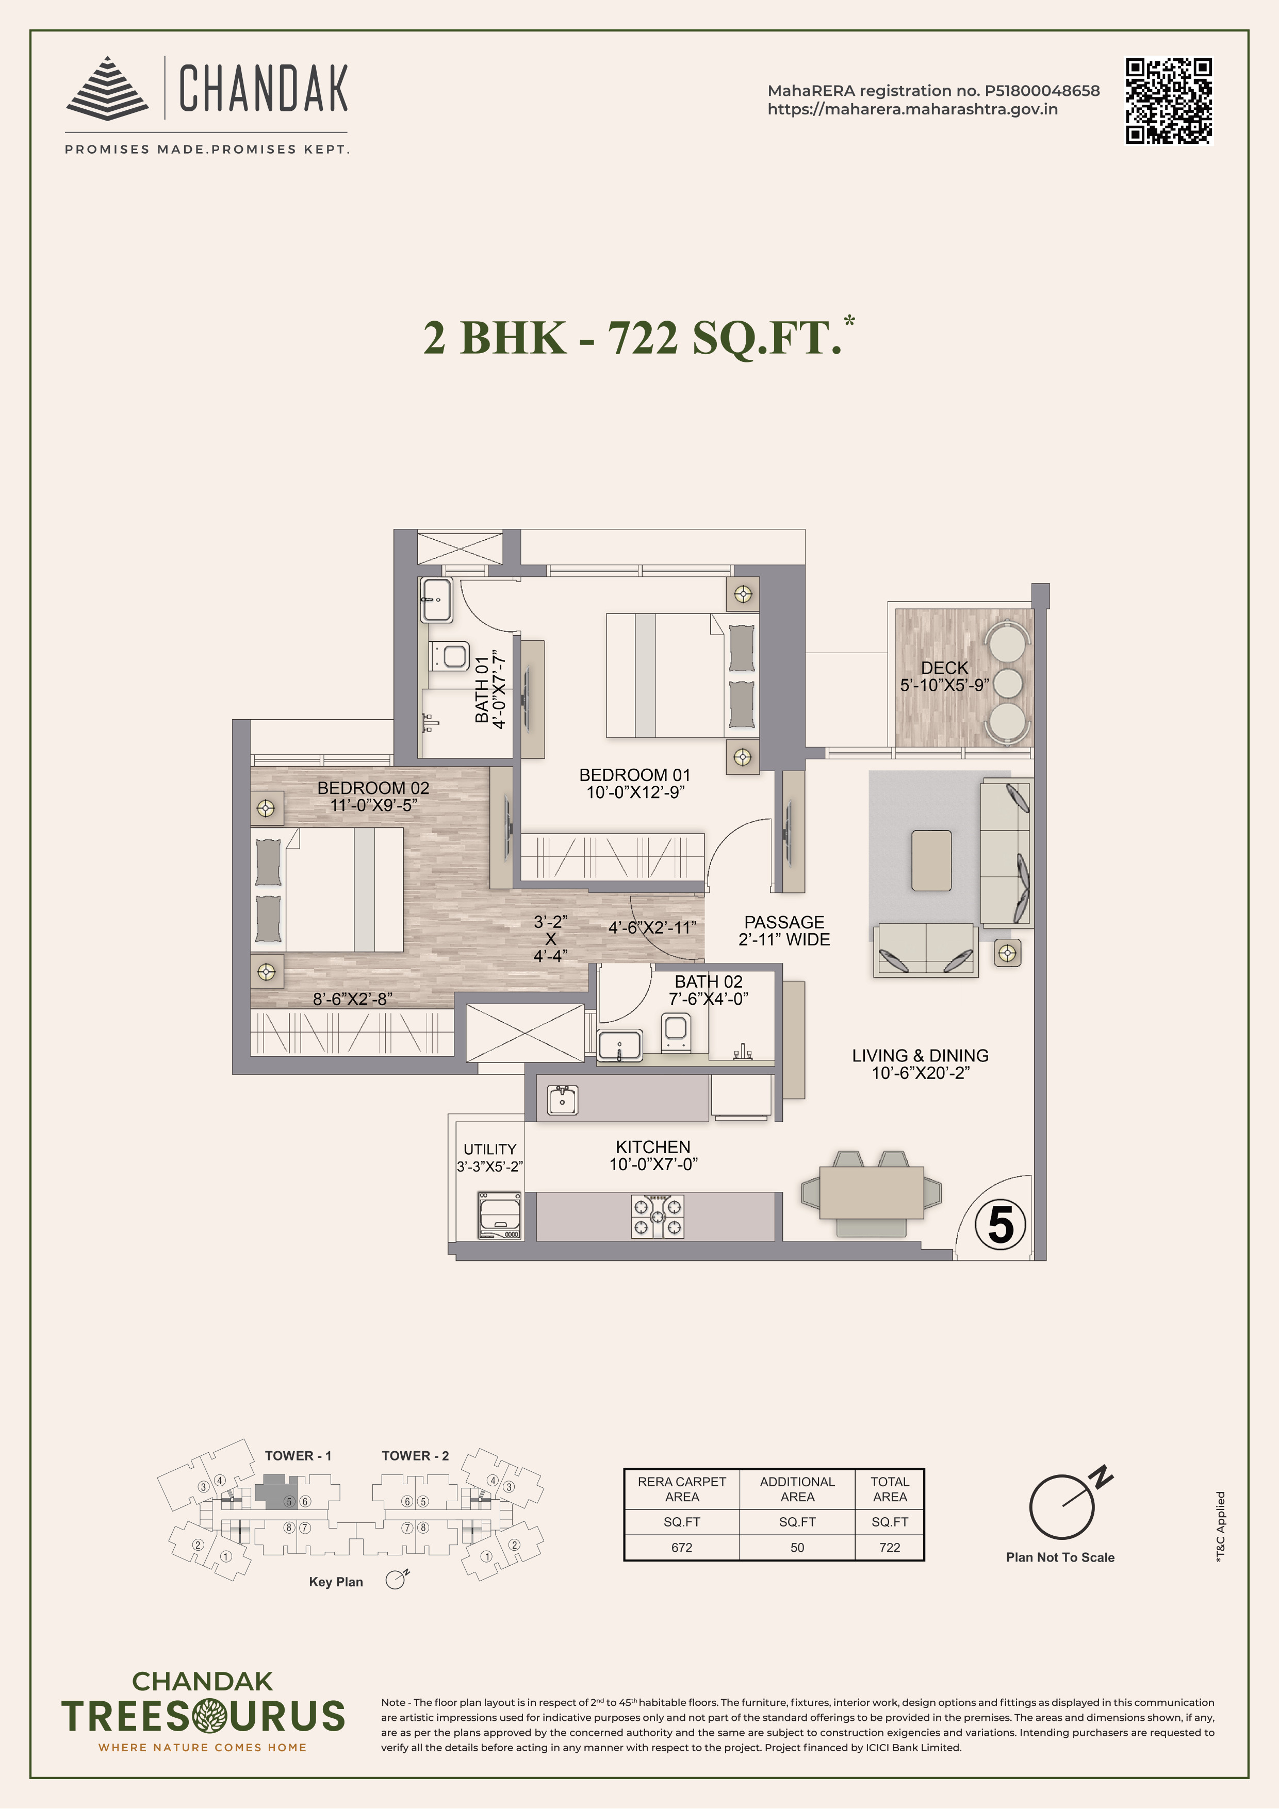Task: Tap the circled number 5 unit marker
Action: tap(1000, 1225)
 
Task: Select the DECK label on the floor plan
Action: tap(944, 667)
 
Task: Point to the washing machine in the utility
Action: tap(500, 1216)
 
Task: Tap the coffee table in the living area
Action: tap(931, 859)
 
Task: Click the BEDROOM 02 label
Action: tap(373, 788)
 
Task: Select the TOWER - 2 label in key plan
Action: tap(415, 1456)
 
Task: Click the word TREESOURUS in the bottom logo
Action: tap(203, 1717)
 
